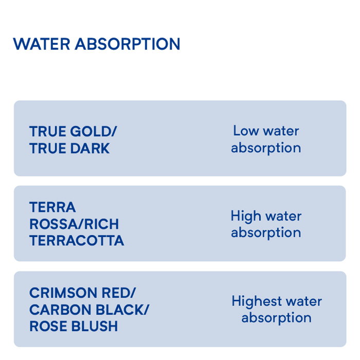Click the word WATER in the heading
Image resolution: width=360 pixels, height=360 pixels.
click(x=41, y=44)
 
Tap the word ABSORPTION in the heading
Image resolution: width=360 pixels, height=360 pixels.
click(x=128, y=44)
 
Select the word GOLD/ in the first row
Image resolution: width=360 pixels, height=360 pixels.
click(x=94, y=131)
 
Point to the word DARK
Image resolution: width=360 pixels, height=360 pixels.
click(x=90, y=148)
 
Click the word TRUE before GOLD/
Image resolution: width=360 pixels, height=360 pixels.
click(x=48, y=131)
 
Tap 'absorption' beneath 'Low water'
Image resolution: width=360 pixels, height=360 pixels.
click(x=266, y=148)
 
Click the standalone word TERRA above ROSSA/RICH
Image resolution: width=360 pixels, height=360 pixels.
click(x=52, y=207)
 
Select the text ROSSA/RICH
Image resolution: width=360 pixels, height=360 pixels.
click(x=74, y=224)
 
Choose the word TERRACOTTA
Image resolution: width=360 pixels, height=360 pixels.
click(x=77, y=241)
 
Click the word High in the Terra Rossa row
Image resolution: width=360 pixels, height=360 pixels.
click(x=246, y=217)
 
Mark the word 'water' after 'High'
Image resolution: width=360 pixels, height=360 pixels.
click(x=283, y=217)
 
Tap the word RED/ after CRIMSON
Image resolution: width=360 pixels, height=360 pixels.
click(x=119, y=293)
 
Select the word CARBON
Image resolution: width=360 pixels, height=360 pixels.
click(x=60, y=310)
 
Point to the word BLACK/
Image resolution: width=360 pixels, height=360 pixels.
click(x=122, y=310)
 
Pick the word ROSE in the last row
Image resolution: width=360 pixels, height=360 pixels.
click(x=48, y=326)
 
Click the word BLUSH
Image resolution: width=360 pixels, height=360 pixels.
click(x=95, y=326)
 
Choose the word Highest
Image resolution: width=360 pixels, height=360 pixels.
click(x=257, y=301)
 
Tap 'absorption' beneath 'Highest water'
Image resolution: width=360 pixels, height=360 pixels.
click(x=277, y=318)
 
